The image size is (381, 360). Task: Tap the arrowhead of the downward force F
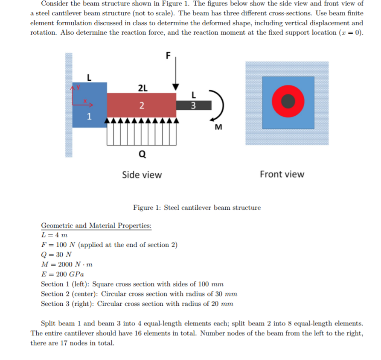(175, 86)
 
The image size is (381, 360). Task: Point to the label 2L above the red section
(143, 88)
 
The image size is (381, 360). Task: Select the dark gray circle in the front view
(289, 101)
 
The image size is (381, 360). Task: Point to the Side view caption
(142, 175)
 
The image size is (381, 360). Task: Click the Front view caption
(282, 174)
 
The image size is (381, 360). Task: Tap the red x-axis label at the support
(85, 102)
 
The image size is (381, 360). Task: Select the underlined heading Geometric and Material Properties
(96, 225)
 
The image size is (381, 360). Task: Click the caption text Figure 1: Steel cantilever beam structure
(197, 208)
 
